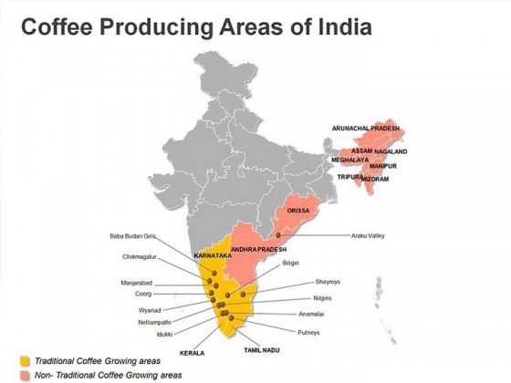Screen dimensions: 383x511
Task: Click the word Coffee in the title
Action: point(55,27)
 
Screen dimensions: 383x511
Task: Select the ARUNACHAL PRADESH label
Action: point(366,129)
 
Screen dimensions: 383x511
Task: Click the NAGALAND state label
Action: point(390,151)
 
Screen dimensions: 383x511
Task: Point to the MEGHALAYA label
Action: point(349,160)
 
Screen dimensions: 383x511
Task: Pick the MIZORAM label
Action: point(375,179)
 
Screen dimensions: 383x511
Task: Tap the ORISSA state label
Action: point(297,211)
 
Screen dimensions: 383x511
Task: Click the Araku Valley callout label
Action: point(368,235)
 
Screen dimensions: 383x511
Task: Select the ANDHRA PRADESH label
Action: point(258,249)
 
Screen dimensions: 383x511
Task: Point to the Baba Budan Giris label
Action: point(133,236)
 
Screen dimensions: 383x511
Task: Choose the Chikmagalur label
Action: point(140,256)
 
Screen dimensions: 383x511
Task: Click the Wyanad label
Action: point(149,310)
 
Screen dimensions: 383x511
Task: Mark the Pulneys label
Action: point(308,332)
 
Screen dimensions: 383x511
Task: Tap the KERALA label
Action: point(192,352)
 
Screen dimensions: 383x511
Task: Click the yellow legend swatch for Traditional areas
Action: point(26,361)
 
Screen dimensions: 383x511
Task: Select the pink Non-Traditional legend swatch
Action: point(26,375)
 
